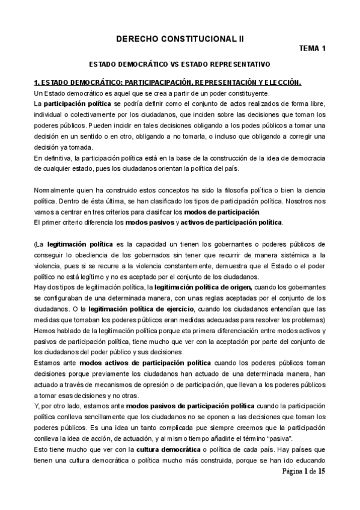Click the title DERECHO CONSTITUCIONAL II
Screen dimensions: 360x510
180,38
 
